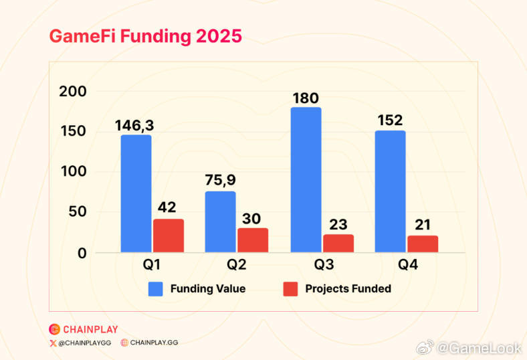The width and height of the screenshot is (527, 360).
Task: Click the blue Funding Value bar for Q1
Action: pyautogui.click(x=136, y=193)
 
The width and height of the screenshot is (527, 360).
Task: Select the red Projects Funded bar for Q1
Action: pyautogui.click(x=169, y=236)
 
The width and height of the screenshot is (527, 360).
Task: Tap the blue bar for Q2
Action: pyautogui.click(x=220, y=221)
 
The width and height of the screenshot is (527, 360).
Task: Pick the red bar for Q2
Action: pyautogui.click(x=253, y=240)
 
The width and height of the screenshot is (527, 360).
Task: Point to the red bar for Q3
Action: pyautogui.click(x=338, y=243)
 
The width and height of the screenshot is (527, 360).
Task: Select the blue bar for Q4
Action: pyautogui.click(x=390, y=191)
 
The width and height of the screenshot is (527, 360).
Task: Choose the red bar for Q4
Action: pyautogui.click(x=423, y=244)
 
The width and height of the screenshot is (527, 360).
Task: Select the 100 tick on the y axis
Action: pyautogui.click(x=74, y=171)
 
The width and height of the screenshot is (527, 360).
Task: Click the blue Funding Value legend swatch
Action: pyautogui.click(x=156, y=289)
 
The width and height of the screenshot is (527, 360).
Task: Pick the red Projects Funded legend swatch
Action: pyautogui.click(x=290, y=289)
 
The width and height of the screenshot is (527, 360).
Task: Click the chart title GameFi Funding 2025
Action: pyautogui.click(x=145, y=37)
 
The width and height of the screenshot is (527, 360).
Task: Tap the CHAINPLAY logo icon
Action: pyautogui.click(x=55, y=329)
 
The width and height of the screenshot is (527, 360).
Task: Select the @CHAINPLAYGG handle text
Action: pyautogui.click(x=84, y=343)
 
